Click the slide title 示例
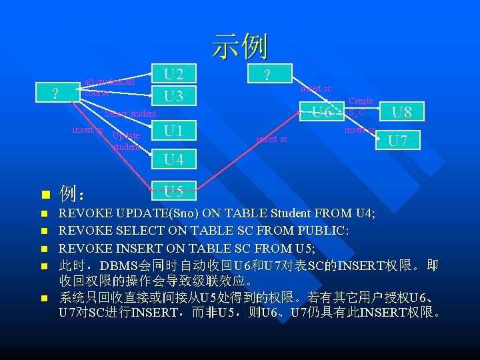click(240, 46)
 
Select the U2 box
click(173, 73)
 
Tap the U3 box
click(173, 96)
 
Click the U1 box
click(173, 130)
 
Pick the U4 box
click(173, 159)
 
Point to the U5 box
click(173, 192)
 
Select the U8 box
click(401, 111)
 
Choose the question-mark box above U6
click(267, 74)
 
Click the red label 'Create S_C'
click(360, 107)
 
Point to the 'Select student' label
click(131, 113)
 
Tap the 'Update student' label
click(126, 141)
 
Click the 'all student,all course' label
click(109, 87)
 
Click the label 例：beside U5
click(71, 195)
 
